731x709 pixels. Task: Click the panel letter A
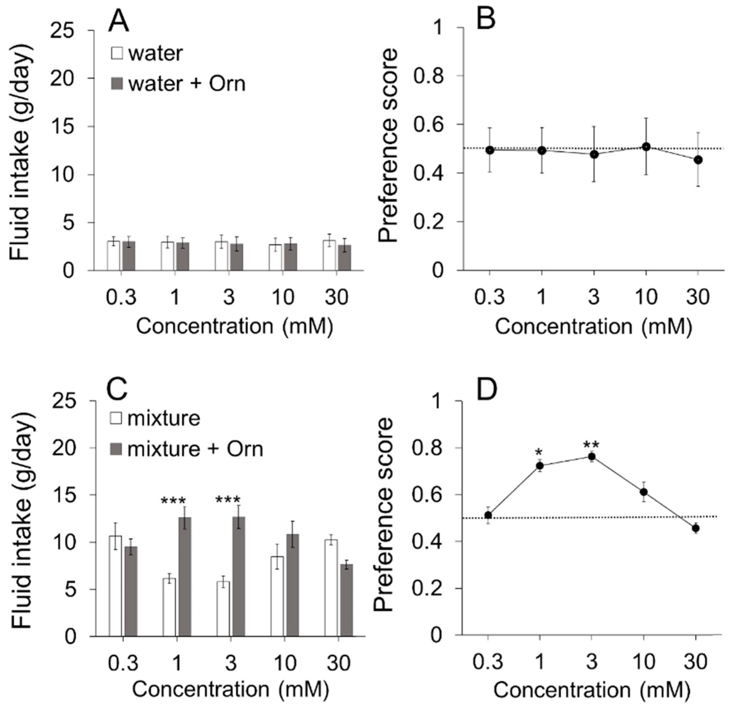[x=118, y=22]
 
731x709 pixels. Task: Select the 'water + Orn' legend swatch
[x=117, y=83]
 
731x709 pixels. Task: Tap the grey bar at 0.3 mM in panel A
[x=129, y=256]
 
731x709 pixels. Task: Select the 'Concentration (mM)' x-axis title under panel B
[x=593, y=326]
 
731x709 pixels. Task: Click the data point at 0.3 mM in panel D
[x=488, y=516]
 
